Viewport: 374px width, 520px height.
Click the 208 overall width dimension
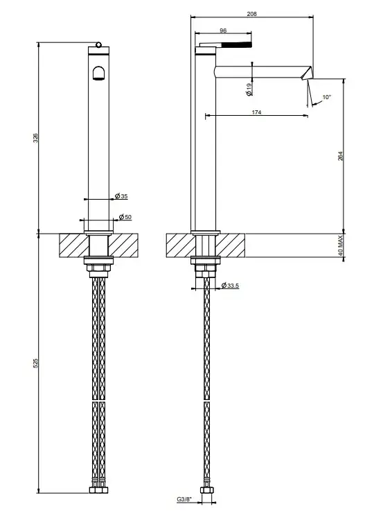pos(252,14)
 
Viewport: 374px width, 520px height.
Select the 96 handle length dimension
pos(223,31)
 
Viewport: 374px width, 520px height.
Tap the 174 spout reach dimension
pos(256,112)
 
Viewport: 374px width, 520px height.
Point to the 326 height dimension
pos(36,138)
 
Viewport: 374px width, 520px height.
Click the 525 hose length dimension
pos(36,363)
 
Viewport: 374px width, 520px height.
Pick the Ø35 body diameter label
pos(121,196)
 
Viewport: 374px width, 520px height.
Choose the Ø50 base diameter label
pos(125,217)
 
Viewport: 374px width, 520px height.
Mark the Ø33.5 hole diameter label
pos(229,285)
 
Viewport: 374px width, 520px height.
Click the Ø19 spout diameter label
pos(249,89)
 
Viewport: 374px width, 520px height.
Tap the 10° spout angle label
pos(327,97)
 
